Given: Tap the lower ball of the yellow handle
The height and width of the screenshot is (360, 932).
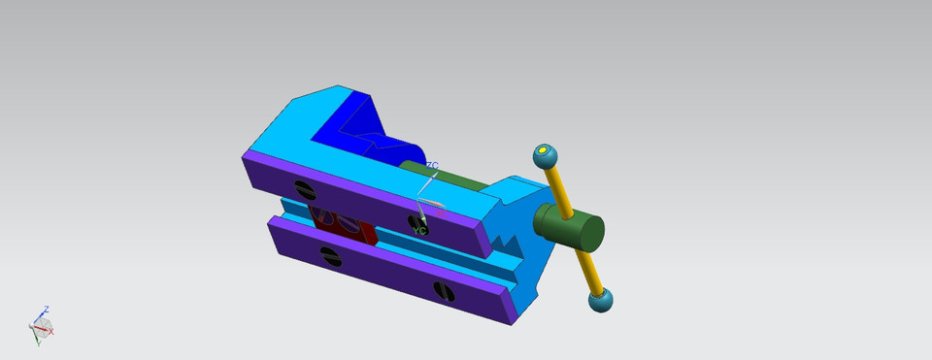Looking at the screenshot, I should point(601,300).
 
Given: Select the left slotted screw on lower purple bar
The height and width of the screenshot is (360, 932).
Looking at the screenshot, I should point(329,256).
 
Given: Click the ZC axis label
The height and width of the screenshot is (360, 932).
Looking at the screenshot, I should point(432,166).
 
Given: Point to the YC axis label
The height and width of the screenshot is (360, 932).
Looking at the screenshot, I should point(420,231).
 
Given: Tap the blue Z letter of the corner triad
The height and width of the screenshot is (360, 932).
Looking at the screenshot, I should point(46,310).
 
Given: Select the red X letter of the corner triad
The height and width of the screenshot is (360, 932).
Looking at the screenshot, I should point(51,332).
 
